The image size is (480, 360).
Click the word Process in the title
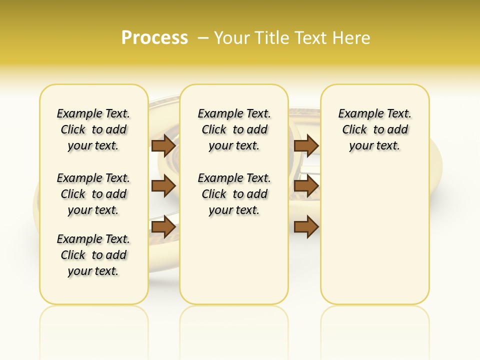pyautogui.click(x=154, y=38)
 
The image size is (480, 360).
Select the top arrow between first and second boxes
pyautogui.click(x=163, y=146)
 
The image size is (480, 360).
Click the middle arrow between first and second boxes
pyautogui.click(x=163, y=186)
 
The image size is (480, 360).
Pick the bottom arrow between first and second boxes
pyautogui.click(x=163, y=227)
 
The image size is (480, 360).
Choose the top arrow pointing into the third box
pyautogui.click(x=306, y=146)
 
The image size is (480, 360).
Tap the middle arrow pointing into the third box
pyautogui.click(x=306, y=186)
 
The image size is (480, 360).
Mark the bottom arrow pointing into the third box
pyautogui.click(x=306, y=227)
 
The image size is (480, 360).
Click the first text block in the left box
pyautogui.click(x=93, y=129)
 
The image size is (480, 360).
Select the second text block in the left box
pyautogui.click(x=93, y=194)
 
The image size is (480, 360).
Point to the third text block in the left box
pyautogui.click(x=93, y=255)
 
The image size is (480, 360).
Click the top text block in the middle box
pyautogui.click(x=234, y=129)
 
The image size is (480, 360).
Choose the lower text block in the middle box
pyautogui.click(x=234, y=194)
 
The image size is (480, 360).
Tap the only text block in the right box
pyautogui.click(x=374, y=129)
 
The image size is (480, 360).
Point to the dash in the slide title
pyautogui.click(x=203, y=38)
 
